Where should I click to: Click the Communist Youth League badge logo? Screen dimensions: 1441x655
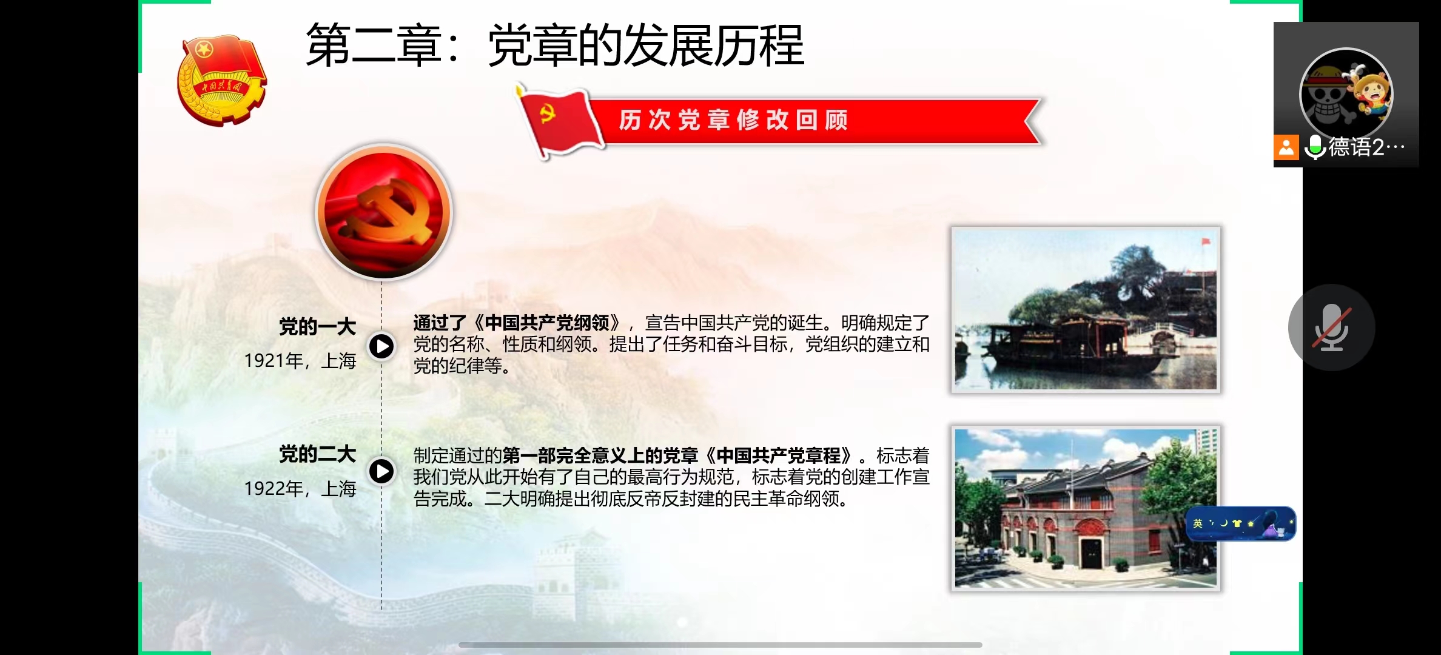click(222, 80)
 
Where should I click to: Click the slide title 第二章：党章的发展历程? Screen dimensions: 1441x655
click(555, 45)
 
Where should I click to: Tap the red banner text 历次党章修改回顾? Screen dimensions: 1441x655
click(733, 120)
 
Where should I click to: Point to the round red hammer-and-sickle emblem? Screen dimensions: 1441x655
click(384, 212)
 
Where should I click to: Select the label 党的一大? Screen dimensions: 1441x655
click(317, 327)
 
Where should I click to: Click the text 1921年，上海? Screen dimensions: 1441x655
click(300, 361)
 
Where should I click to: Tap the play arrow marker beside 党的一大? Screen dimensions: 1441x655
click(381, 346)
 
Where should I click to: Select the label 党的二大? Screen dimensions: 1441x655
click(317, 454)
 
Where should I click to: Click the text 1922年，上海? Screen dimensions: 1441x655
click(300, 488)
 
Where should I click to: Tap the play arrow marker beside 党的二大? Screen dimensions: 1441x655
click(381, 471)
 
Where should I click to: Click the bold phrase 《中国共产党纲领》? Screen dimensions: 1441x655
click(546, 323)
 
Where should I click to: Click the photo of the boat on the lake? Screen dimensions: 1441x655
click(1086, 310)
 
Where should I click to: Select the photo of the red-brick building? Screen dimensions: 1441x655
click(1086, 508)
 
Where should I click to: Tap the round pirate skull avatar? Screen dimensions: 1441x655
click(1346, 95)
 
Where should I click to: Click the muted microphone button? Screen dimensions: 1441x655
click(1331, 327)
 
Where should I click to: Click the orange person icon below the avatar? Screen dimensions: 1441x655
click(1286, 147)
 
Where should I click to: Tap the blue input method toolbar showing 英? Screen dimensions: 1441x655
click(1241, 523)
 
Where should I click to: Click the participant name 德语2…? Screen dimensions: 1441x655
click(1366, 147)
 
